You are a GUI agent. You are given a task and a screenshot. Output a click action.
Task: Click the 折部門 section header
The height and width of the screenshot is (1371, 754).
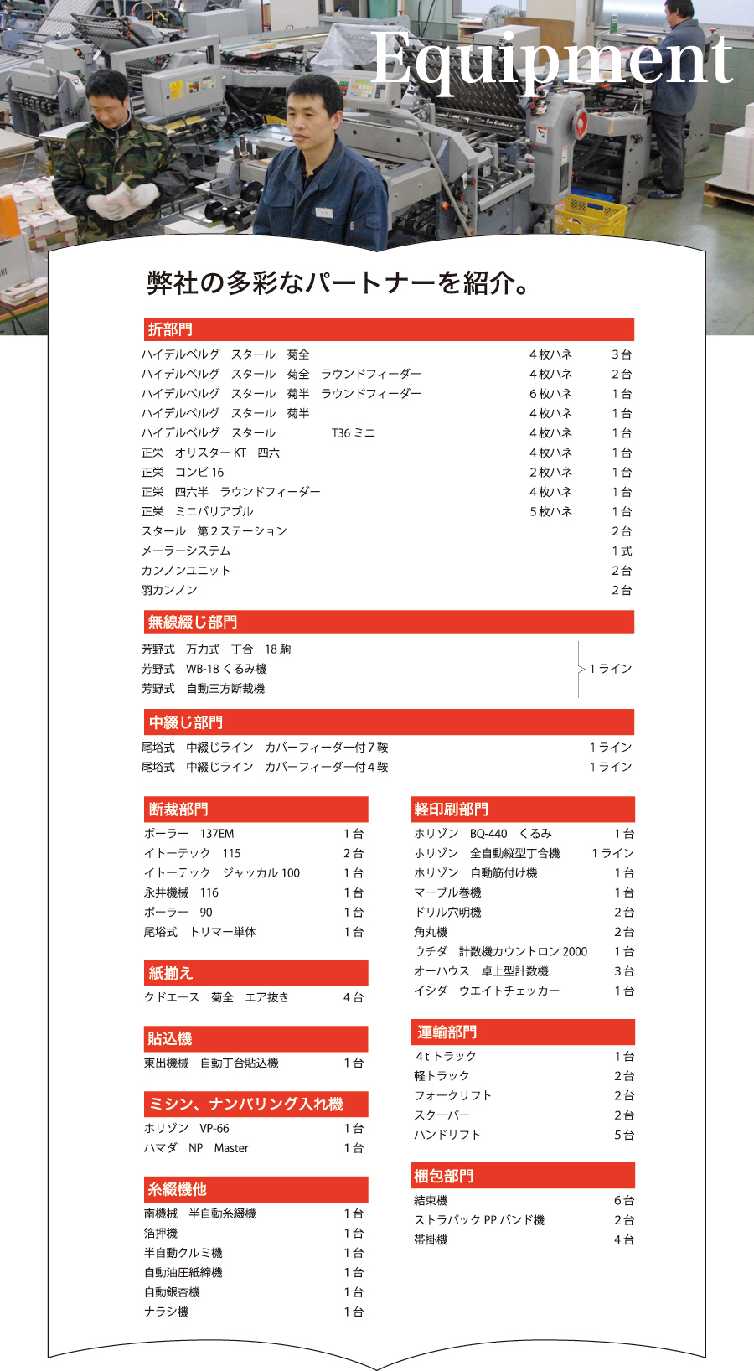point(170,329)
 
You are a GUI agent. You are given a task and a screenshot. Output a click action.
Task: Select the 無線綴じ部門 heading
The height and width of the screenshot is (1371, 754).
point(192,622)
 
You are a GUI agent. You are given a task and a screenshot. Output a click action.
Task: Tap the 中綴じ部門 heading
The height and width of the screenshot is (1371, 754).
point(185,722)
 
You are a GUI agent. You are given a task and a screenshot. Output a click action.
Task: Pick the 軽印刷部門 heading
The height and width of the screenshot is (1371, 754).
point(451,810)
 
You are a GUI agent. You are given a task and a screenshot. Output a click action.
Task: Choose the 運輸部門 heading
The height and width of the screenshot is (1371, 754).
point(447,1032)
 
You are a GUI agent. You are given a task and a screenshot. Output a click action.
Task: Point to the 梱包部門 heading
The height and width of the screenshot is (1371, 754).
point(443,1177)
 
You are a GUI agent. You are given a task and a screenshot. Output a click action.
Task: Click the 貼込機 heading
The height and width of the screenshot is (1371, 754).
point(170,1039)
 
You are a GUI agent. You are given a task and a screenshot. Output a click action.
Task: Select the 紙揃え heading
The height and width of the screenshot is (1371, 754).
point(170,974)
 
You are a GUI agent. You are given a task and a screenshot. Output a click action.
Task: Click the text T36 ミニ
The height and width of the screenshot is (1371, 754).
point(353,433)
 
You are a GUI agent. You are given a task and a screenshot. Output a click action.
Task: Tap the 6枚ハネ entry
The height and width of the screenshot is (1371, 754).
point(550,394)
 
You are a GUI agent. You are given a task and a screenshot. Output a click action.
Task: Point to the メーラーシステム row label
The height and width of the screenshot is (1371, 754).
point(185,551)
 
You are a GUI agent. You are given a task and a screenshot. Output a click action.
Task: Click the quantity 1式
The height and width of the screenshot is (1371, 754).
point(622,551)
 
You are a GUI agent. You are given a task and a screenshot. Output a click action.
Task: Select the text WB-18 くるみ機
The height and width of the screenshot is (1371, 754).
point(226,669)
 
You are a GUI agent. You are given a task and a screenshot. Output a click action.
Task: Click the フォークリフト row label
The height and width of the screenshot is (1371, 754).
point(452,1095)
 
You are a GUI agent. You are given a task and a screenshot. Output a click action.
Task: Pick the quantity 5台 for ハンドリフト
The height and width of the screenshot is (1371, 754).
point(624,1135)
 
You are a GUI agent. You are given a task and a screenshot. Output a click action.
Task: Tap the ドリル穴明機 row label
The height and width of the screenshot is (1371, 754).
point(447,912)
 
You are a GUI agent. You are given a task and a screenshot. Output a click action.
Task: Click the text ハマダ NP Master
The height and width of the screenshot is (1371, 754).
point(196,1148)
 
